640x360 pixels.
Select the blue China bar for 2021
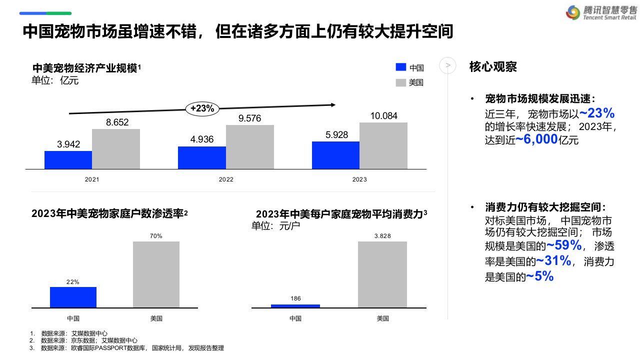pyautogui.click(x=68, y=159)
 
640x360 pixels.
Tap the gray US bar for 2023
pyautogui.click(x=383, y=145)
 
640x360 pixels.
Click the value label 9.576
pyautogui.click(x=249, y=118)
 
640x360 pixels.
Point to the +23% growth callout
pyautogui.click(x=202, y=108)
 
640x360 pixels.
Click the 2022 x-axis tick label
pyautogui.click(x=226, y=179)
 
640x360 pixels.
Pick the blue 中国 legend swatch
pyautogui.click(x=400, y=67)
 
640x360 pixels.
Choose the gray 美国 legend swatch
pyautogui.click(x=400, y=82)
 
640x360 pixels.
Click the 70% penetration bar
pyautogui.click(x=156, y=274)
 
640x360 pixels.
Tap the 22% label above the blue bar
pyautogui.click(x=73, y=282)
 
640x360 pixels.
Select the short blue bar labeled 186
pyautogui.click(x=295, y=305)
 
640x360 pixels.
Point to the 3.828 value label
pyautogui.click(x=382, y=236)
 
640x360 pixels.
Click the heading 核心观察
pyautogui.click(x=493, y=66)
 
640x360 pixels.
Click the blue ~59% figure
pyautogui.click(x=563, y=245)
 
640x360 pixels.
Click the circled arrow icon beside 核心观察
pyautogui.click(x=447, y=65)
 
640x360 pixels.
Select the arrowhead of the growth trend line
pyautogui.click(x=332, y=104)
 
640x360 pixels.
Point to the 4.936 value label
pyautogui.click(x=201, y=139)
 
